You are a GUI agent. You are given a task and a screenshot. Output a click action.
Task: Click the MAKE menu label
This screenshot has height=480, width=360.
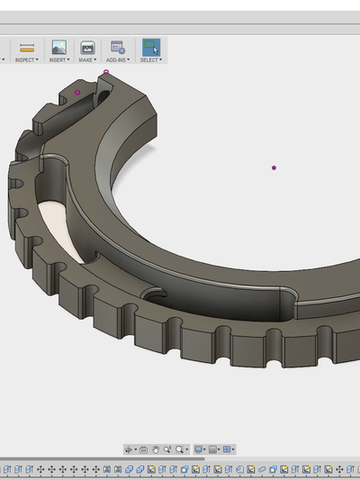pyautogui.click(x=87, y=59)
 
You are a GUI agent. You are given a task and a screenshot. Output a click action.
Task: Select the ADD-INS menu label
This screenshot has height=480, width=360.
pyautogui.click(x=118, y=59)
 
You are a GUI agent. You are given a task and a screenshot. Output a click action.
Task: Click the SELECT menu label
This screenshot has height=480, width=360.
pyautogui.click(x=150, y=59)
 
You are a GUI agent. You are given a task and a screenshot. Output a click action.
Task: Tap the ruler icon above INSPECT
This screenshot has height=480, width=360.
pyautogui.click(x=27, y=47)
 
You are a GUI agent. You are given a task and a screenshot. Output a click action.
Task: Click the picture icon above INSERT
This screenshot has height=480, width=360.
pyautogui.click(x=58, y=47)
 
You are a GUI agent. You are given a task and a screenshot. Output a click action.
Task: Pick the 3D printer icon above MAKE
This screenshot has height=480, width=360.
pyautogui.click(x=87, y=47)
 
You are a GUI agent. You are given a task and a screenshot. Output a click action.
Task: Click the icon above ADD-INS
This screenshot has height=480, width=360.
pyautogui.click(x=117, y=47)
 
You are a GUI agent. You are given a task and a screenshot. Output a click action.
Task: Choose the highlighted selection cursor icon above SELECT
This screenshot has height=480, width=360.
pyautogui.click(x=150, y=47)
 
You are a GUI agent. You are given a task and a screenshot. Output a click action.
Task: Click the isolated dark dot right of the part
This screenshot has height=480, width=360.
pyautogui.click(x=274, y=168)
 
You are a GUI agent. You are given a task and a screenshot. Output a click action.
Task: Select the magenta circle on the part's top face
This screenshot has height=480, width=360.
pyautogui.click(x=78, y=92)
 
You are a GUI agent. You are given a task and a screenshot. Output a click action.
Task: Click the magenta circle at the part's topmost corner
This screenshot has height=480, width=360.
pyautogui.click(x=106, y=72)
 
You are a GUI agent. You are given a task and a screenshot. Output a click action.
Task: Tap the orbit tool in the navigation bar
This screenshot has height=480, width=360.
pyautogui.click(x=129, y=448)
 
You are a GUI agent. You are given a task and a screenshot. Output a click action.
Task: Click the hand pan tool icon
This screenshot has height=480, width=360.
pyautogui.click(x=156, y=448)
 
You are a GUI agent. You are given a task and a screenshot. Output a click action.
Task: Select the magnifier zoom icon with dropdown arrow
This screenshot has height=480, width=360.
pyautogui.click(x=181, y=448)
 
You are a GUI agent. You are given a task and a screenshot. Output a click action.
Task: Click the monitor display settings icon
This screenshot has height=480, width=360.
pyautogui.click(x=199, y=448)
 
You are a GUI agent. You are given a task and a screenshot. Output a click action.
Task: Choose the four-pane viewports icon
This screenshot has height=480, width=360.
pyautogui.click(x=228, y=448)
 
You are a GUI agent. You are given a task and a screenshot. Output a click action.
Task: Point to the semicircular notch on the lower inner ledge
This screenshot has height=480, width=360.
pyautogui.click(x=156, y=294)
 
